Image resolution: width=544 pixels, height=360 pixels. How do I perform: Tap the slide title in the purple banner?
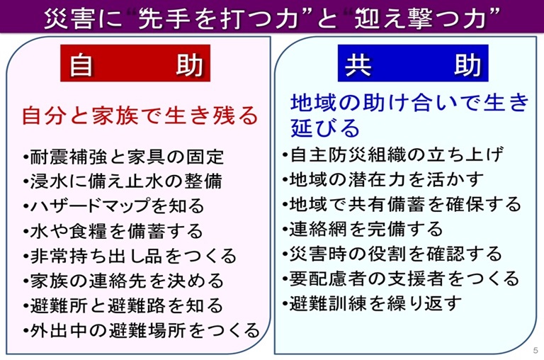click(272, 16)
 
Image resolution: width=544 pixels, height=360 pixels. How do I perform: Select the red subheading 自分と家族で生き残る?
click(139, 115)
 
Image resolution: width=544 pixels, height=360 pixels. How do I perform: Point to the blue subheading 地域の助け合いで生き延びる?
click(409, 115)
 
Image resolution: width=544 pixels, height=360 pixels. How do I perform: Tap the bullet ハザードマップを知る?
click(113, 206)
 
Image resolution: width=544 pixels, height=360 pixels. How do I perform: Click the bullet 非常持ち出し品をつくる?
click(130, 256)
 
